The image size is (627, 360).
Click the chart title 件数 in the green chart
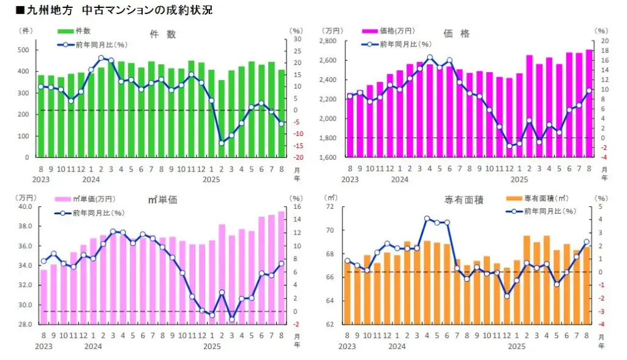[162, 34]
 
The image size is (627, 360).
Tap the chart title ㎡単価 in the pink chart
[162, 200]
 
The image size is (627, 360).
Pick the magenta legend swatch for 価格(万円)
[369, 31]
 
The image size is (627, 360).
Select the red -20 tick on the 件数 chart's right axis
[296, 157]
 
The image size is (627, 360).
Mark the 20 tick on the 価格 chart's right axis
[604, 41]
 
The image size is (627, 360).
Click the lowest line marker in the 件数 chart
[221, 143]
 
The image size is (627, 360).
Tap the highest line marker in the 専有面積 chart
[427, 219]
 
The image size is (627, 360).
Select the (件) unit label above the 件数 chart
[26, 30]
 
